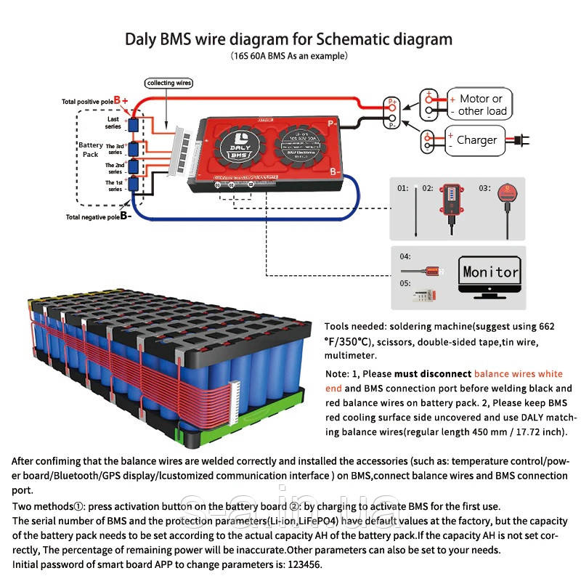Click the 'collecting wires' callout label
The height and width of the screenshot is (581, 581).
coord(169,84)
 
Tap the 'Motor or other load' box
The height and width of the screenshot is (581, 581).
coord(477,105)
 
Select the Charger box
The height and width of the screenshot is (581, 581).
coord(476,140)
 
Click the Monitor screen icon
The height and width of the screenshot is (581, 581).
coord(491,277)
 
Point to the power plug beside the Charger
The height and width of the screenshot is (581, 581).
coord(521,139)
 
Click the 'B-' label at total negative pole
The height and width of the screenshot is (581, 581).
coord(125,216)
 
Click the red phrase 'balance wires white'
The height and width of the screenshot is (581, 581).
coord(517,374)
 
